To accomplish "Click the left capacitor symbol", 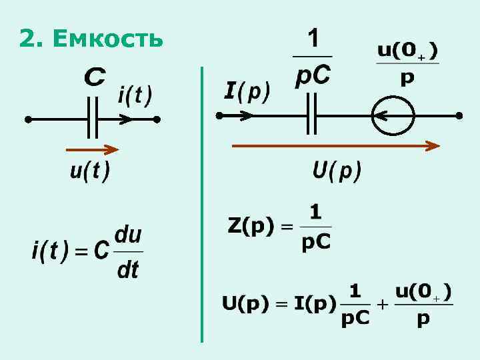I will pos(93,119).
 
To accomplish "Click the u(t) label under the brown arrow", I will pos(89,171).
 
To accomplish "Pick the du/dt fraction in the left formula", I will pos(128,251).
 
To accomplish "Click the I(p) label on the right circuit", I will pos(247,91).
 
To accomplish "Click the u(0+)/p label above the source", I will pos(407,64).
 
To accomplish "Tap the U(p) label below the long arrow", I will pos(337,171).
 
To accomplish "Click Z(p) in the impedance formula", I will pos(251,227).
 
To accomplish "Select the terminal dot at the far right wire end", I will pos(459,115).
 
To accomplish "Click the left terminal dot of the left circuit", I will pos(28,120).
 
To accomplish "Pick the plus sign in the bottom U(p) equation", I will pos(382,305).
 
